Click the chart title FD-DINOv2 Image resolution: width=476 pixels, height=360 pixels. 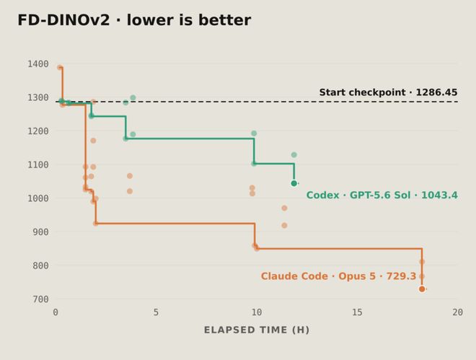(63, 20)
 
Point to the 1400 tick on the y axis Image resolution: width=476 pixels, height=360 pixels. (38, 64)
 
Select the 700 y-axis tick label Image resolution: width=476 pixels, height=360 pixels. (40, 299)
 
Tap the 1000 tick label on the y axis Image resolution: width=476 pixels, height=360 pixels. (38, 198)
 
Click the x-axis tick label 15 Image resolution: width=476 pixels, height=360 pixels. (357, 312)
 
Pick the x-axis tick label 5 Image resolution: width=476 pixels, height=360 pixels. (156, 312)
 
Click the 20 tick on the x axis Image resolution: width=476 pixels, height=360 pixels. (457, 312)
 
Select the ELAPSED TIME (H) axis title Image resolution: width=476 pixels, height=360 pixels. (257, 330)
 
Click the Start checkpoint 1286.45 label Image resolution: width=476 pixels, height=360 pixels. (388, 92)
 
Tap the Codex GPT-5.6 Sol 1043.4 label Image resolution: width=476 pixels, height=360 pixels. (382, 195)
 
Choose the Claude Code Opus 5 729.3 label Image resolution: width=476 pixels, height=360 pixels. (338, 276)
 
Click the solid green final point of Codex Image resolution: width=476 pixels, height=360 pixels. (294, 183)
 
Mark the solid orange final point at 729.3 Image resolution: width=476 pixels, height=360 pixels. (422, 289)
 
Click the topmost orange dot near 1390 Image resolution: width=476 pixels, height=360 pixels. (60, 67)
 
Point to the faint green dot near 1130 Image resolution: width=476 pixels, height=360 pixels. (294, 155)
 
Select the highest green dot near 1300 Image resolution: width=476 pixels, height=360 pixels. (133, 97)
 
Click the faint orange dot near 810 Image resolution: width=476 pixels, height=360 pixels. (422, 262)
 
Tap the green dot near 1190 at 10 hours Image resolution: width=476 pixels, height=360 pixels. (254, 133)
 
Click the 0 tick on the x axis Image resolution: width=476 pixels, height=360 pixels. (56, 312)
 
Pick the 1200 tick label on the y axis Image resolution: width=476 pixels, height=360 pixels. (38, 131)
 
